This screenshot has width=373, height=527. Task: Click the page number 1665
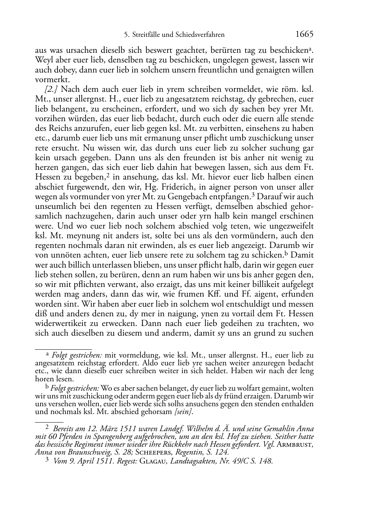click(305, 35)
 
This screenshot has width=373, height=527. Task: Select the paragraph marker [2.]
click(51, 90)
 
